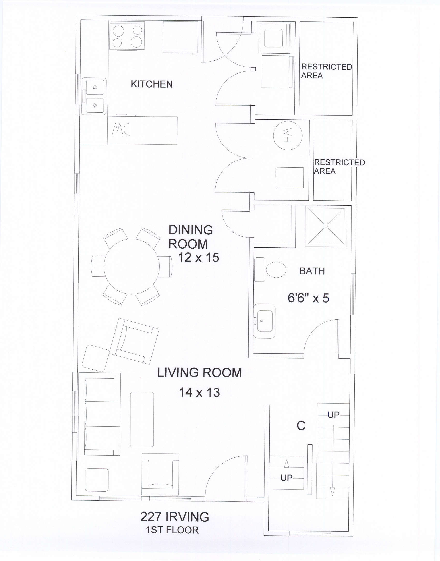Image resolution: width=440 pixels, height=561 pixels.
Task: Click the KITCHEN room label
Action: (x=152, y=84)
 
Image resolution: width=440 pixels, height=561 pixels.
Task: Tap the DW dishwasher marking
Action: (x=121, y=129)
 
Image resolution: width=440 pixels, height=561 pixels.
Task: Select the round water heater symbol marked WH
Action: (x=288, y=135)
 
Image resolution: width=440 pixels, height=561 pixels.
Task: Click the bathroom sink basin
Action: (x=264, y=321)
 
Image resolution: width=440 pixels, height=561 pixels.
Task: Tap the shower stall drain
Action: (x=326, y=226)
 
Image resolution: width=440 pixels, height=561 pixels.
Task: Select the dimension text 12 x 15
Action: (x=199, y=257)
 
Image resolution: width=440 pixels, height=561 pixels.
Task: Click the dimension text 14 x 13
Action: (x=199, y=392)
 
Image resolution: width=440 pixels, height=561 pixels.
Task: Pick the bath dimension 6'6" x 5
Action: (x=308, y=298)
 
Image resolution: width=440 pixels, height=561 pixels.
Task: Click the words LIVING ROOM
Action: (x=199, y=373)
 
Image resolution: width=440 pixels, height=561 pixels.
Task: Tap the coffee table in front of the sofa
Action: (x=142, y=419)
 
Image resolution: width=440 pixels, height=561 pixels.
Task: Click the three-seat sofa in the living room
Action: (x=99, y=414)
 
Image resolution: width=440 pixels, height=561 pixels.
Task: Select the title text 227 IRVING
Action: (x=175, y=517)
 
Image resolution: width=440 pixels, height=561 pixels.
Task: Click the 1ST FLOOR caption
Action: (x=172, y=530)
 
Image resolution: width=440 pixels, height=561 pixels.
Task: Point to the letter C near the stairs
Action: (x=301, y=426)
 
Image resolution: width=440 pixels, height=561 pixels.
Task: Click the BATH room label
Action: (x=312, y=271)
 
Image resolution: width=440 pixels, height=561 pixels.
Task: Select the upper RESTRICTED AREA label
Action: (x=327, y=71)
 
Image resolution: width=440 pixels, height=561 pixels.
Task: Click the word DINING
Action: (x=191, y=230)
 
